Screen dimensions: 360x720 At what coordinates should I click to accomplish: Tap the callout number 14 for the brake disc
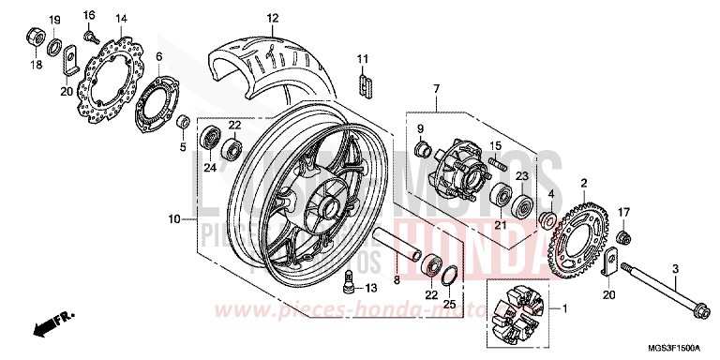[121, 19]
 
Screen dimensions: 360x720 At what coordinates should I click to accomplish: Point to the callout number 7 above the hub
[436, 88]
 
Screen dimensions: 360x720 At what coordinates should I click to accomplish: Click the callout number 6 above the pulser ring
[159, 56]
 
